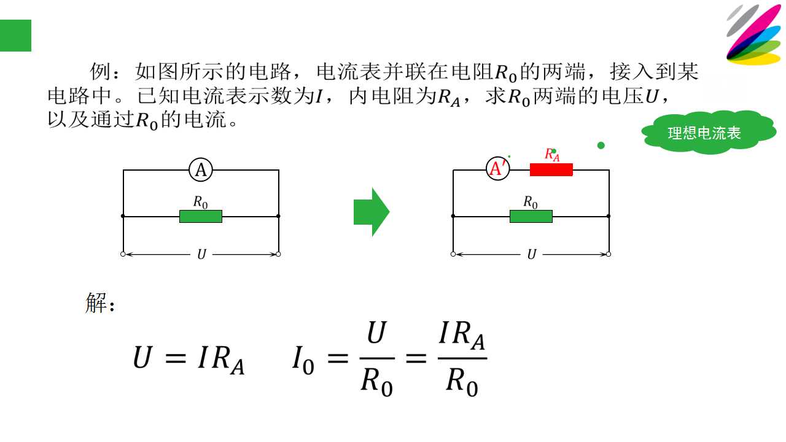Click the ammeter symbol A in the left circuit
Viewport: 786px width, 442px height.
[201, 170]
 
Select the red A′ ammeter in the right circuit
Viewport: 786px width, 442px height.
[498, 169]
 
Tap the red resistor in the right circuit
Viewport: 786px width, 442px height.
[551, 170]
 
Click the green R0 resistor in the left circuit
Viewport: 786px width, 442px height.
[201, 217]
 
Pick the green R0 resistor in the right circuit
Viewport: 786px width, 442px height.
[531, 217]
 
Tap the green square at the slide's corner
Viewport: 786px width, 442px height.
[15, 36]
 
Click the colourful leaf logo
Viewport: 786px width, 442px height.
[755, 34]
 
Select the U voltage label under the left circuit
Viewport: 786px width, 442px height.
[201, 254]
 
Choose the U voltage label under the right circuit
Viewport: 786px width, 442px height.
[532, 254]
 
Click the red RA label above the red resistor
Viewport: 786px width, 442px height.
[552, 155]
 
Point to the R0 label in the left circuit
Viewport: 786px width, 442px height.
[200, 203]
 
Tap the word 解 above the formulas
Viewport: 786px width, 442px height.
[96, 303]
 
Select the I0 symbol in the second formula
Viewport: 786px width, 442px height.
[303, 360]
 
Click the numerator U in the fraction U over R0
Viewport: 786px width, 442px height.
[376, 333]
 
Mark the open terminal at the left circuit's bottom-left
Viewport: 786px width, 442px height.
[123, 254]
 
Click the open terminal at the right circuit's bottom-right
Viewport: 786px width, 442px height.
[609, 254]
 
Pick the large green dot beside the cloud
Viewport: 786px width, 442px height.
[601, 145]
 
